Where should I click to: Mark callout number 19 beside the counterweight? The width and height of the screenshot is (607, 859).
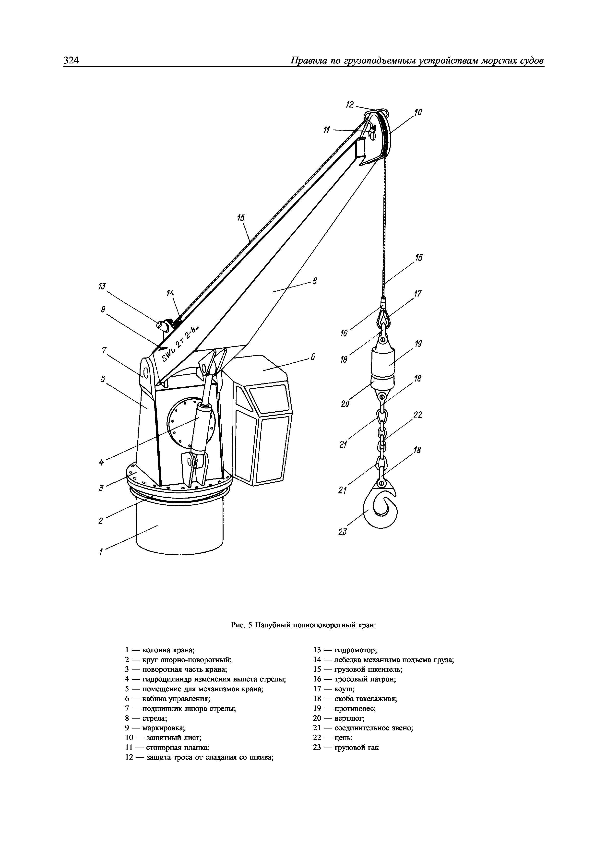point(418,344)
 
